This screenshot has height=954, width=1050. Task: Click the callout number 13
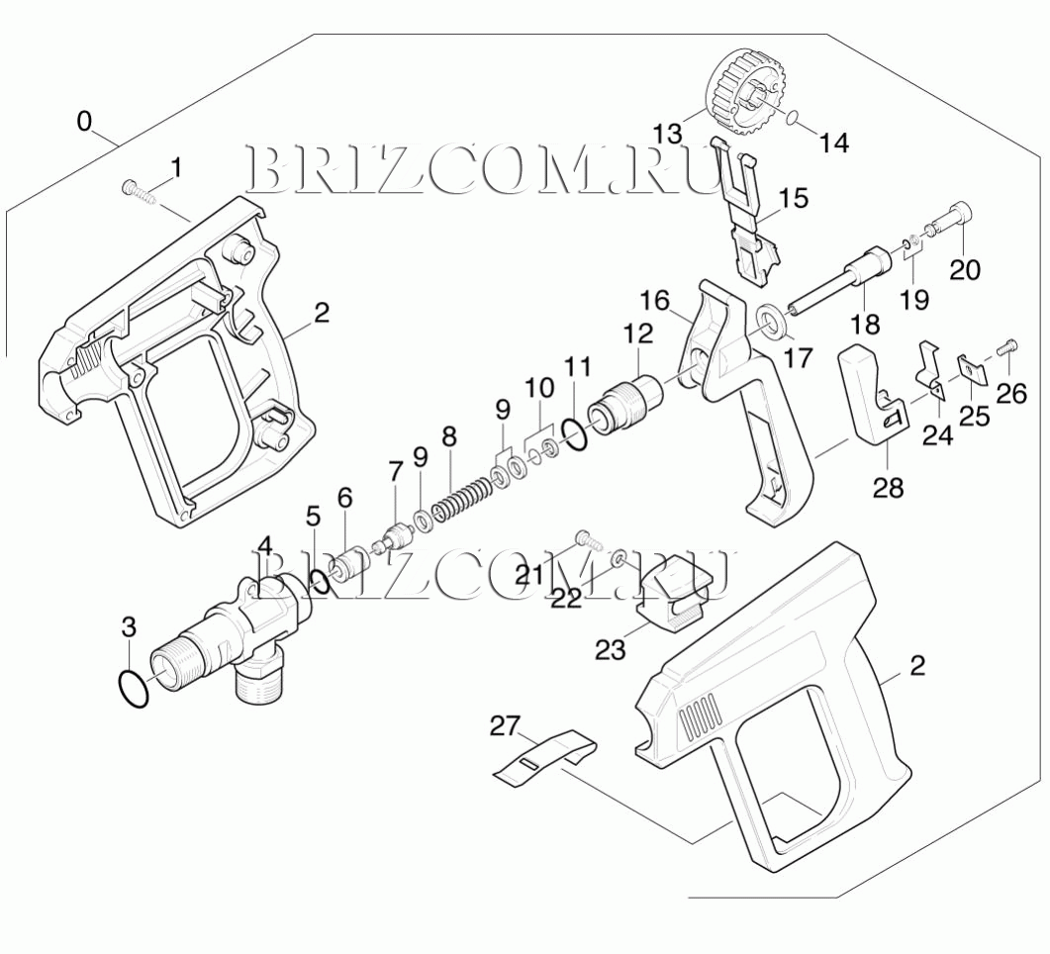pyautogui.click(x=668, y=133)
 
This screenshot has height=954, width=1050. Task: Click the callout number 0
pyautogui.click(x=85, y=122)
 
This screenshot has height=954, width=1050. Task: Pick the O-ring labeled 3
pyautogui.click(x=133, y=687)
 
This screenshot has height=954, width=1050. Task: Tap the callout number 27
pyautogui.click(x=505, y=726)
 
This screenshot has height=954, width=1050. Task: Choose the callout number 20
pyautogui.click(x=965, y=268)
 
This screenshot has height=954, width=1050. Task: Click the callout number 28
pyautogui.click(x=889, y=487)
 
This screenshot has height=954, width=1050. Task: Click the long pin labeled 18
pyautogui.click(x=832, y=285)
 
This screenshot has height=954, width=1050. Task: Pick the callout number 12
pyautogui.click(x=637, y=334)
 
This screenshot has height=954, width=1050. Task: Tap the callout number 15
pyautogui.click(x=793, y=199)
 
